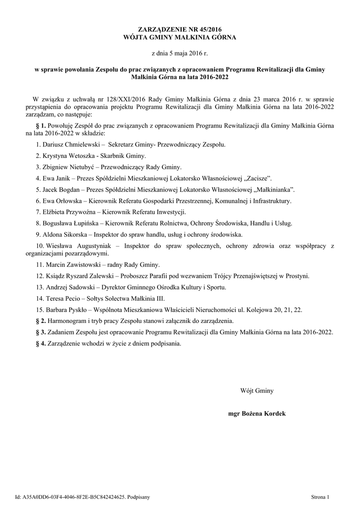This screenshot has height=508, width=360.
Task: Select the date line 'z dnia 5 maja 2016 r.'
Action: click(179, 53)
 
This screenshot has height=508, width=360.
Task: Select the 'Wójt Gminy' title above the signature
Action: click(257, 391)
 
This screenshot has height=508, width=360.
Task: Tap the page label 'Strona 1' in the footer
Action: click(320, 496)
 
